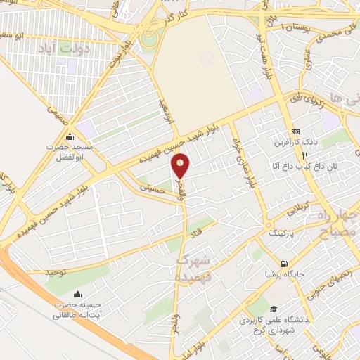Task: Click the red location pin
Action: click(181, 166)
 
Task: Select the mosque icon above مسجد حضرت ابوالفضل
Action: click(69, 136)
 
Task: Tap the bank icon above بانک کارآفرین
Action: click(296, 131)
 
